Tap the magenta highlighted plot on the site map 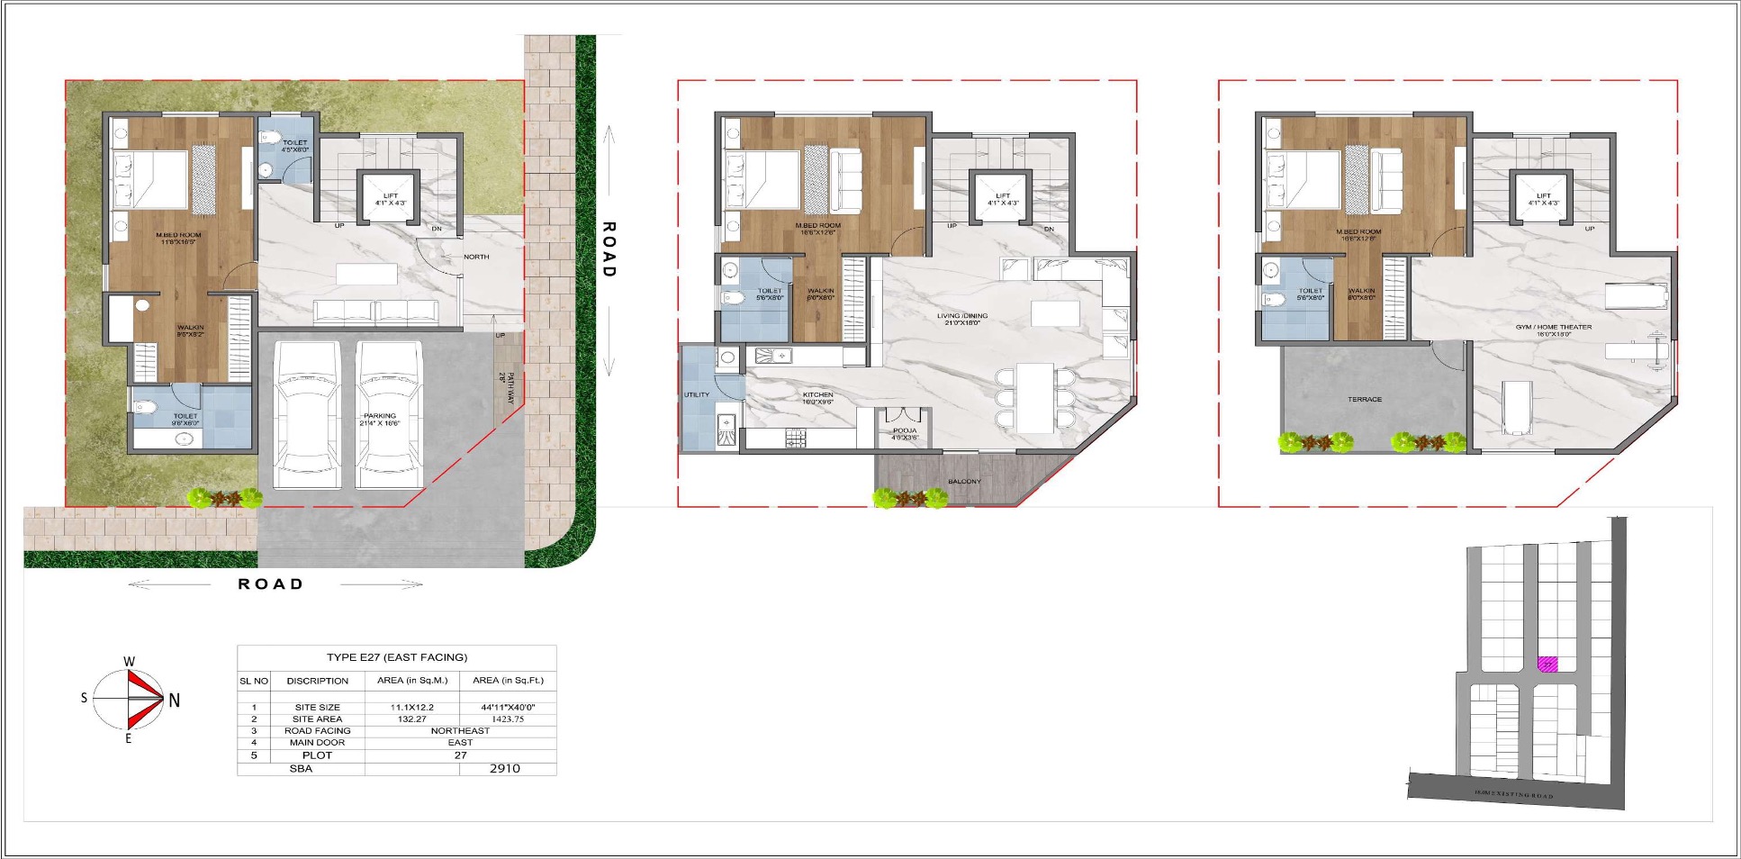coord(1547,665)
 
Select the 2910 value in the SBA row coord(505,768)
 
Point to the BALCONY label coord(964,482)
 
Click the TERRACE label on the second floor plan coord(1365,399)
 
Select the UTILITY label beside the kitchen coord(697,394)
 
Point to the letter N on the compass coord(175,700)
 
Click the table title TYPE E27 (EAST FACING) coord(397,657)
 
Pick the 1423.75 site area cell coord(508,719)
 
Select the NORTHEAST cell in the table coord(460,731)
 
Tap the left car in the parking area coord(307,414)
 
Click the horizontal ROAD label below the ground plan coord(270,583)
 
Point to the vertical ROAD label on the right coord(609,249)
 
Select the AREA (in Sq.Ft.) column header coord(508,681)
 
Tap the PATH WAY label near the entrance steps coord(509,387)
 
